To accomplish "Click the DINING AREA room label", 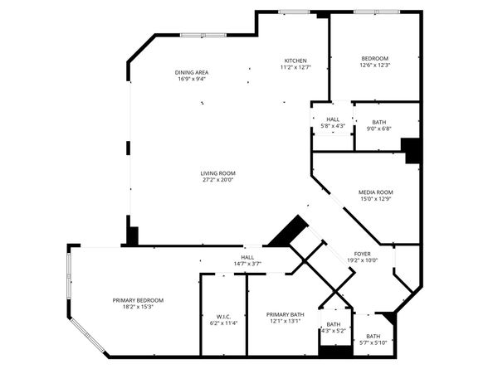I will coord(192,72).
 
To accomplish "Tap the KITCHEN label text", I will coord(296,61).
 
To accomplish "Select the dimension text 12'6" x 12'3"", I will coord(374,66).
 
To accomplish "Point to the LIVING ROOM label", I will coord(217,172).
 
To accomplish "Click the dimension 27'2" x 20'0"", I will coord(217,180).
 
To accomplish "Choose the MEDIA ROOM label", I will coord(374,192).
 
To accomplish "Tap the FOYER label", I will coord(363,253).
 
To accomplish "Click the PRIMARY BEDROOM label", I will coord(138,299).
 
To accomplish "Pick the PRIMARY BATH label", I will coord(286,315).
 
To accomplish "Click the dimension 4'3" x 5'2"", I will coord(333,331).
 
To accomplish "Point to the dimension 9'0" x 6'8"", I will coord(378,129).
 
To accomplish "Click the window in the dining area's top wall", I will coord(193,35).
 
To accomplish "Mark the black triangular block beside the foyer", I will coord(287,231).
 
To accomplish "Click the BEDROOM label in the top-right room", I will coord(374,58).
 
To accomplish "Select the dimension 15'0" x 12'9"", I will coord(374,199).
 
